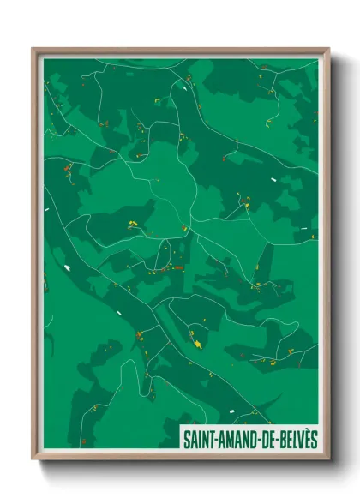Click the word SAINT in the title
pyautogui.click(x=196, y=438)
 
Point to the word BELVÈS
pyautogui.click(x=296, y=438)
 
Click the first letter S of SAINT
pyautogui.click(x=185, y=439)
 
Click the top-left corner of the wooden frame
pyautogui.click(x=33, y=49)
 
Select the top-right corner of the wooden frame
pyautogui.click(x=328, y=49)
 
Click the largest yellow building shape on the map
pyautogui.click(x=198, y=345)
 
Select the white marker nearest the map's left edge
pyautogui.click(x=46, y=208)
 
